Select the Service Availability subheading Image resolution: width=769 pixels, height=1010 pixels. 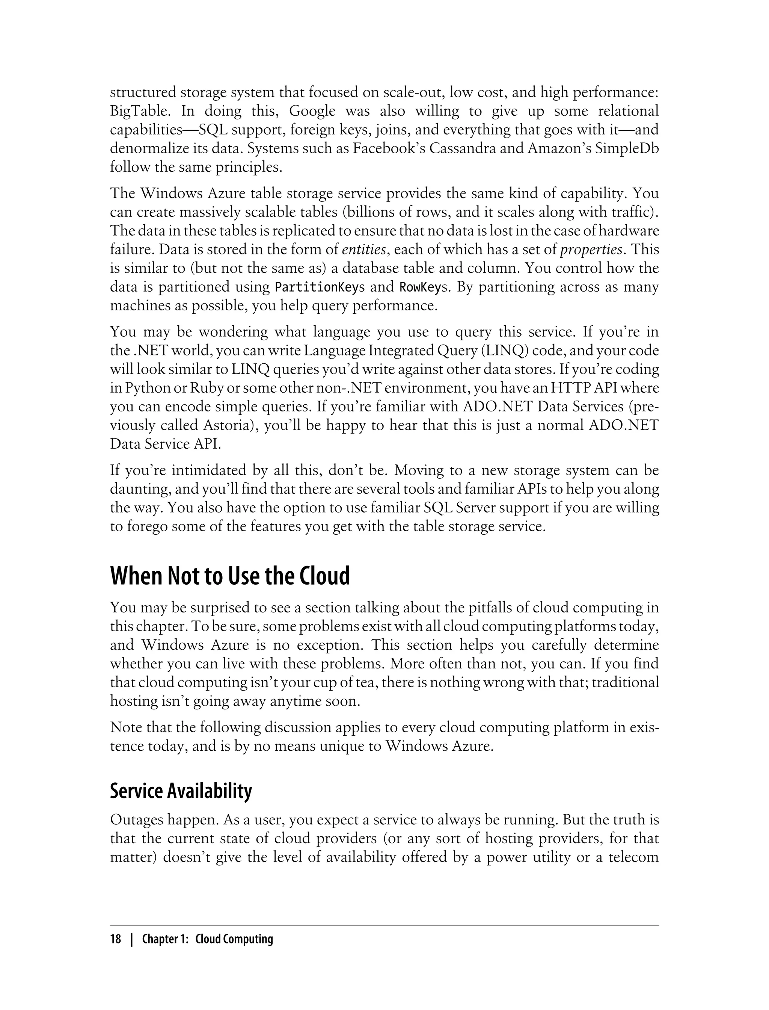pyautogui.click(x=181, y=791)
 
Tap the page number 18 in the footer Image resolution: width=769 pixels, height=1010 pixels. pyautogui.click(x=115, y=939)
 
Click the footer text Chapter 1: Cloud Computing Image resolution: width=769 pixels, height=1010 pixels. pyautogui.click(x=207, y=939)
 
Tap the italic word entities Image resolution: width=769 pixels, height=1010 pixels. pyautogui.click(x=364, y=249)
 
